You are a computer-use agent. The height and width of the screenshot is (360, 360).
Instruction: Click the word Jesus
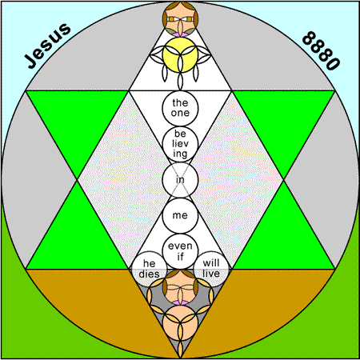pyautogui.click(x=47, y=46)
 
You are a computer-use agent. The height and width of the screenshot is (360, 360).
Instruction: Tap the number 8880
pyautogui.click(x=321, y=50)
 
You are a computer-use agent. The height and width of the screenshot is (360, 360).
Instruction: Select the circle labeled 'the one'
pyautogui.click(x=180, y=108)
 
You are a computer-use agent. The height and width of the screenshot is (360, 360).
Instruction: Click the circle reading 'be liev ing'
pyautogui.click(x=180, y=144)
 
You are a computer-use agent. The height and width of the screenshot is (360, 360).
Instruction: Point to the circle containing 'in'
pyautogui.click(x=180, y=180)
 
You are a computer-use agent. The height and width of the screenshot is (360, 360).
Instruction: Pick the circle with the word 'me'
pyautogui.click(x=180, y=215)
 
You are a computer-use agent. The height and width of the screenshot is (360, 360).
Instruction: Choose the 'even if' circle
pyautogui.click(x=180, y=251)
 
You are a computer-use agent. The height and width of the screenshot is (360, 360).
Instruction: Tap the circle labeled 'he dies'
pyautogui.click(x=149, y=269)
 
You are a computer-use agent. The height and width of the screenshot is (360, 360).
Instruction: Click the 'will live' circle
pyautogui.click(x=211, y=269)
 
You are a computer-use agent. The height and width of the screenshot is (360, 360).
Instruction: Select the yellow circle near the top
pyautogui.click(x=180, y=54)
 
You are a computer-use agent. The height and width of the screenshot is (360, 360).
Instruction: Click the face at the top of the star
pyautogui.click(x=180, y=19)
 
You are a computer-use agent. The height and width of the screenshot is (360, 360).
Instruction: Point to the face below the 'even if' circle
pyautogui.click(x=180, y=287)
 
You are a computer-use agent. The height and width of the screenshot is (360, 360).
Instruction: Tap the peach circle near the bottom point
pyautogui.click(x=180, y=323)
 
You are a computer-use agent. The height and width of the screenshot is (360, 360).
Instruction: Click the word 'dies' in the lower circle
pyautogui.click(x=149, y=274)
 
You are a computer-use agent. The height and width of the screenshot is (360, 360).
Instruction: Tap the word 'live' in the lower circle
pyautogui.click(x=211, y=274)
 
